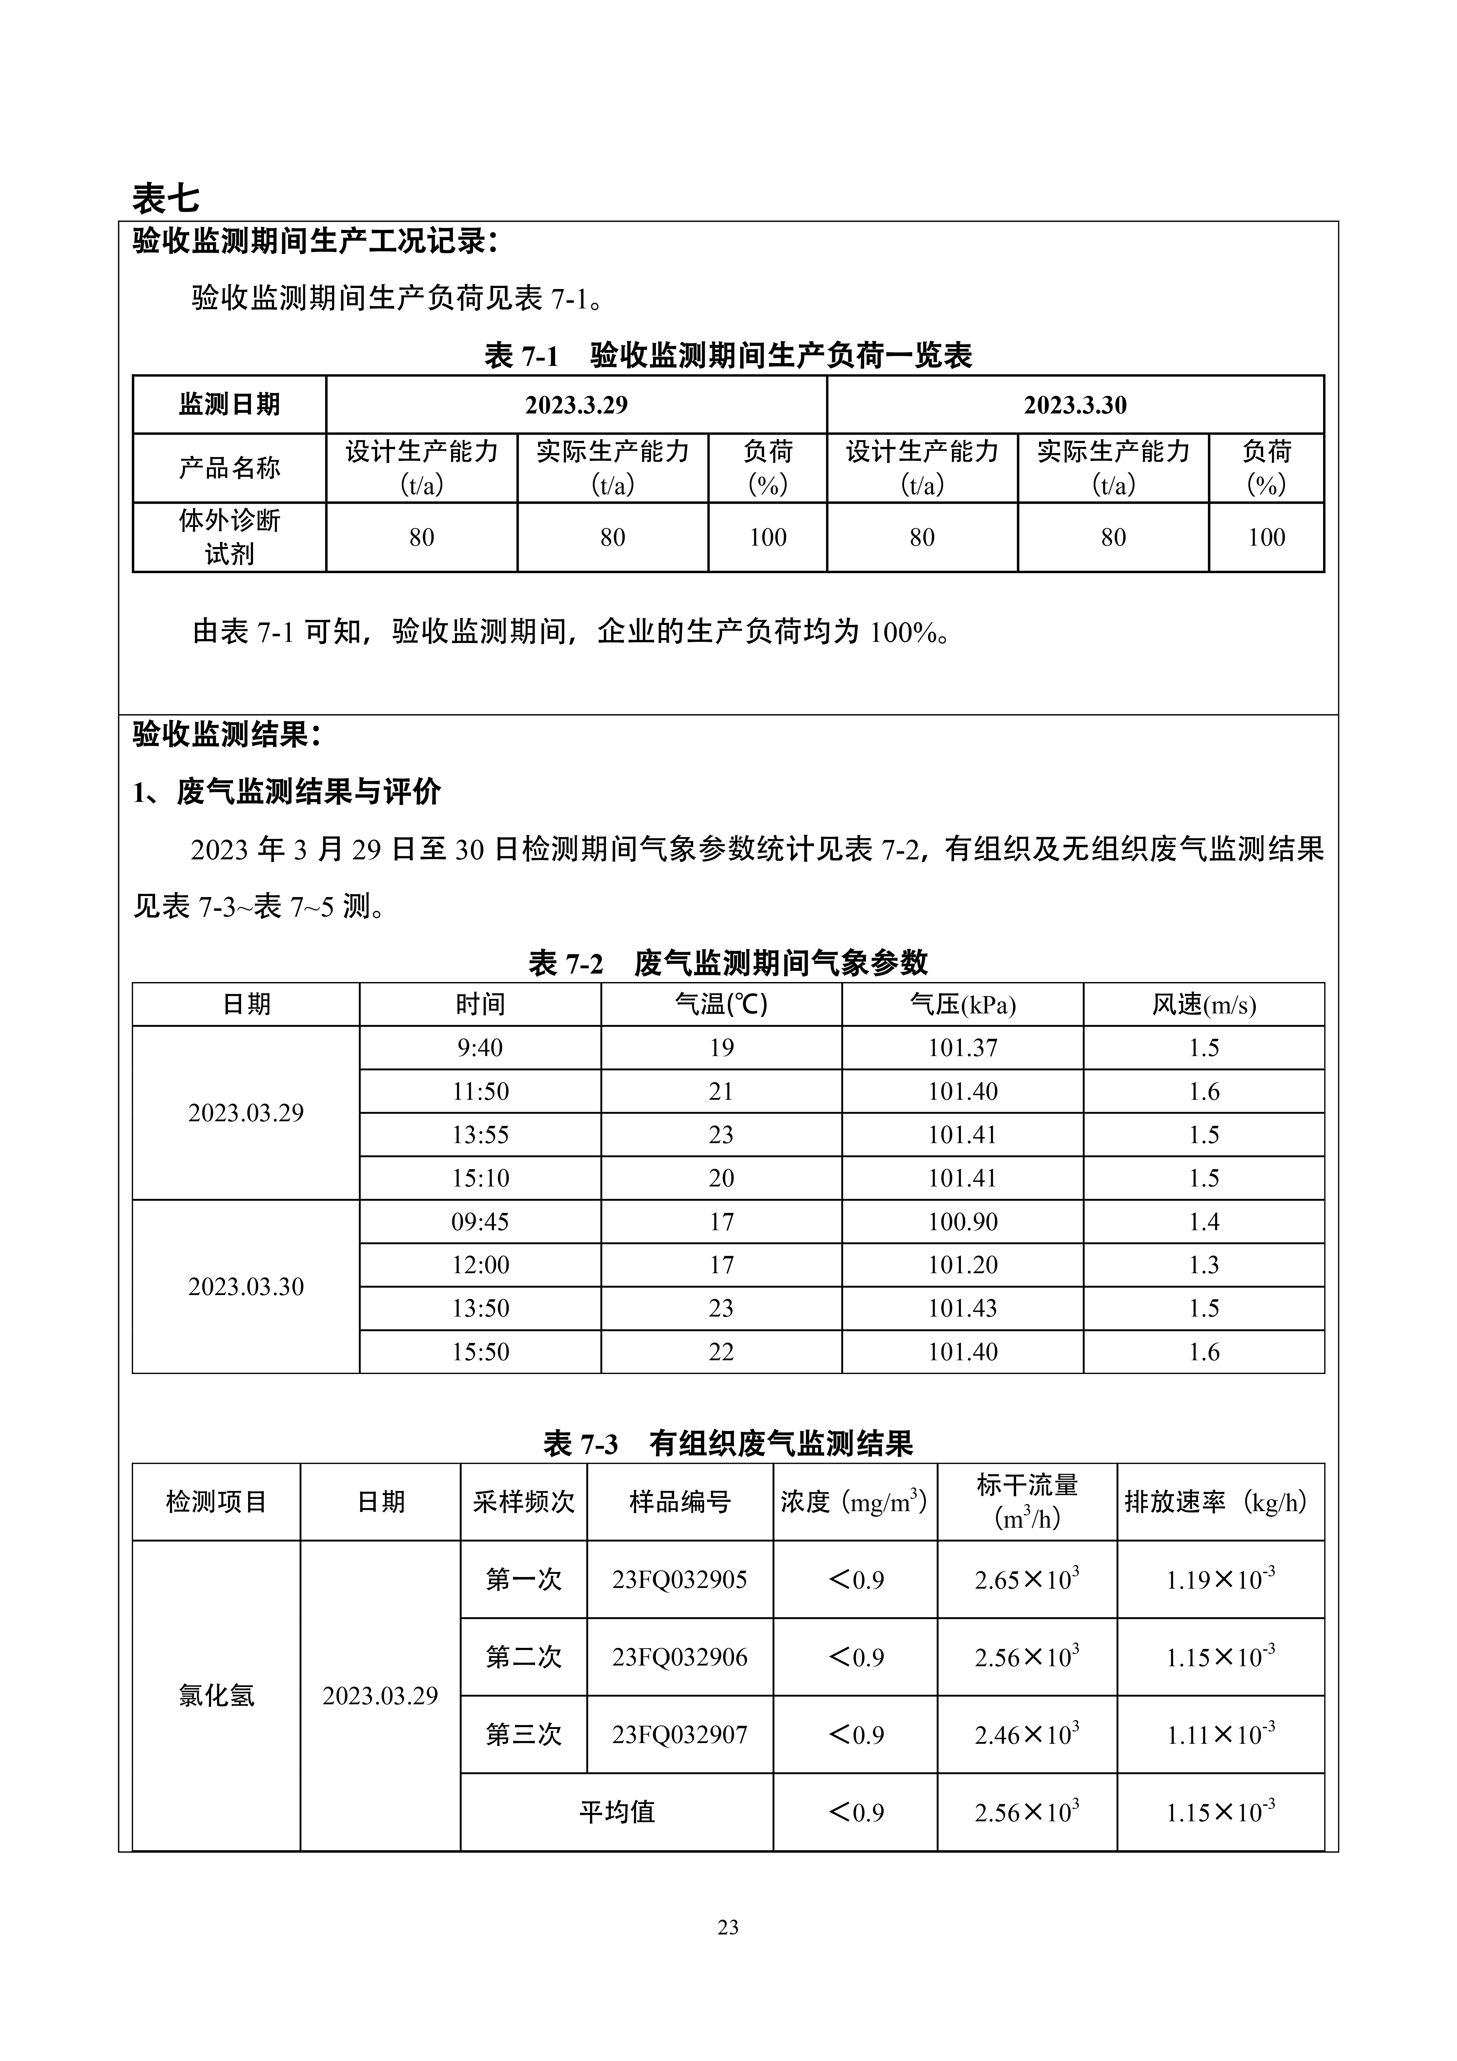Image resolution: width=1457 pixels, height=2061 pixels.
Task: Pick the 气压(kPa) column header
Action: (x=963, y=1005)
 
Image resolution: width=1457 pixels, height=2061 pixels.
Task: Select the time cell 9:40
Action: (x=480, y=1048)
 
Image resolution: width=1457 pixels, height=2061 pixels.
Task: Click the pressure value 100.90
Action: (x=963, y=1222)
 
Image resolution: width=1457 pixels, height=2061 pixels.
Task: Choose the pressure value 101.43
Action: (x=963, y=1308)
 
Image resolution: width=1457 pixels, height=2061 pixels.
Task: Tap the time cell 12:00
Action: (x=480, y=1265)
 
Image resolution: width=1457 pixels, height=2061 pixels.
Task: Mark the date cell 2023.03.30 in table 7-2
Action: (x=246, y=1286)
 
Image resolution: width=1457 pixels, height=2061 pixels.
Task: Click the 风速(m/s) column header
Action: (x=1204, y=1005)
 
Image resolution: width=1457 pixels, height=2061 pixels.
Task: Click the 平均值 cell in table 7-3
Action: (x=617, y=1812)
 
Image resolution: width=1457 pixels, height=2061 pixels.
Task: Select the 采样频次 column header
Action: (x=523, y=1502)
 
